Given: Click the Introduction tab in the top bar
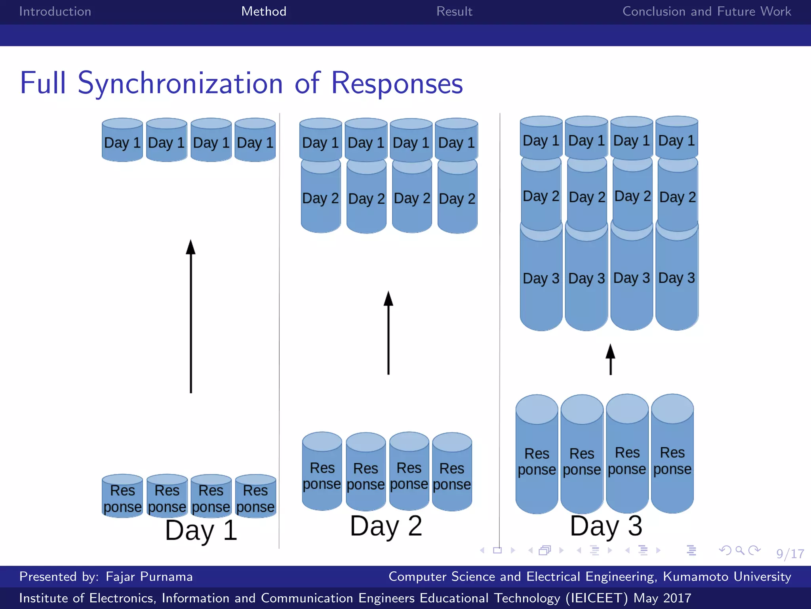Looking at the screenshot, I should click(x=55, y=11).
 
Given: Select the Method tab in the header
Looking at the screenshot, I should click(x=264, y=11).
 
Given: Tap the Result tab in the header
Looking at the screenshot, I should click(x=454, y=11).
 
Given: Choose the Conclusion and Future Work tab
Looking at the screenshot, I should click(x=706, y=11).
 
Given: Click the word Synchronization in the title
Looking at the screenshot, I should click(x=180, y=84).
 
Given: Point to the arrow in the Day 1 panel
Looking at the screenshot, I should click(x=191, y=317).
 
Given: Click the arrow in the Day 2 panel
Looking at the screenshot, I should click(x=388, y=333).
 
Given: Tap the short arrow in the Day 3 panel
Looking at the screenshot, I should click(x=611, y=359).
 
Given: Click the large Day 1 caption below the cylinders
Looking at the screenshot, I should click(x=201, y=530).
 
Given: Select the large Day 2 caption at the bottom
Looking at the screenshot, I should click(x=386, y=526).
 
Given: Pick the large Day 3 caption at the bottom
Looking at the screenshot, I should click(x=606, y=526).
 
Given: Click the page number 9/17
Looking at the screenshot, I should click(x=790, y=553).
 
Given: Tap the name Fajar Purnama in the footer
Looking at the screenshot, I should click(x=149, y=576).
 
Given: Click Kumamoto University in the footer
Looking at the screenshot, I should click(x=727, y=576).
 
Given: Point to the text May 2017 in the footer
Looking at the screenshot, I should click(x=662, y=598).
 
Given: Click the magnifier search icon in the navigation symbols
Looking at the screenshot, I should click(x=739, y=550).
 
